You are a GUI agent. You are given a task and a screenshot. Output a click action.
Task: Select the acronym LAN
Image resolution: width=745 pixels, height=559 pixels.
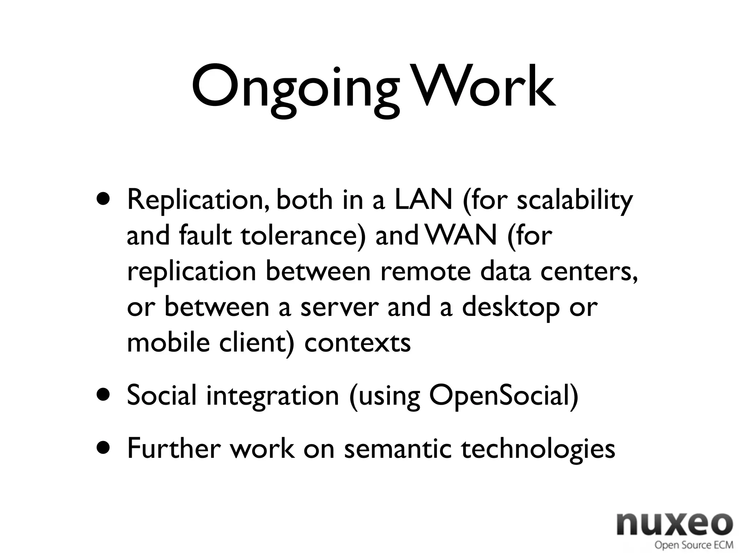pos(423,200)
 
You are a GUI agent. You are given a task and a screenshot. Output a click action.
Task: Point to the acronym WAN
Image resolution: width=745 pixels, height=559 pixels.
pos(461,235)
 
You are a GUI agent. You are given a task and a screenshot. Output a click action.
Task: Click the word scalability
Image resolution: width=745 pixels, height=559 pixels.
pos(575,201)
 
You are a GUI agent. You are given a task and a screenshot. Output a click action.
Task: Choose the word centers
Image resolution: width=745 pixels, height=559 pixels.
pos(589,271)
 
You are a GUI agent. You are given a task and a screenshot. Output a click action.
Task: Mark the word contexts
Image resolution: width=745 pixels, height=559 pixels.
pos(357,343)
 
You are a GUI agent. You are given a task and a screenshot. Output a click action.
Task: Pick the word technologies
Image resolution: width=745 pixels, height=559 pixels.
pos(538,449)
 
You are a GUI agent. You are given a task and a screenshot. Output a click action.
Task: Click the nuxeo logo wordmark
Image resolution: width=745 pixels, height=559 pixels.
pos(675,524)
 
